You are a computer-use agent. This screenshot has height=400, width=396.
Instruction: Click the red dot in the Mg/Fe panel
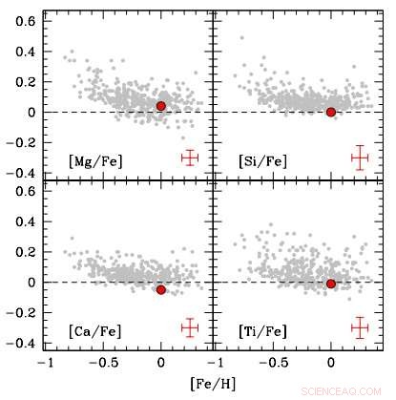(x=161, y=106)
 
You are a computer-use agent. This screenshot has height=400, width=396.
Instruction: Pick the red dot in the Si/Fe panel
(x=331, y=112)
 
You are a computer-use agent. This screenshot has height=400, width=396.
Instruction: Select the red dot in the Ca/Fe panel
(x=161, y=289)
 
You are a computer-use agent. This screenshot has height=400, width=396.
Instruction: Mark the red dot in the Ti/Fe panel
(x=331, y=284)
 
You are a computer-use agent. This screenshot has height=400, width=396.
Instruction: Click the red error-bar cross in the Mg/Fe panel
(x=190, y=158)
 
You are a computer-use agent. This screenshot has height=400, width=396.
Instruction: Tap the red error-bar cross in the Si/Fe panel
(x=360, y=158)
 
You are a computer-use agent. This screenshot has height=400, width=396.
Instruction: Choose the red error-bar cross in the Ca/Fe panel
(x=190, y=327)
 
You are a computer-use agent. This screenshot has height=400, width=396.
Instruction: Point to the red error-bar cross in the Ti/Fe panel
(x=360, y=327)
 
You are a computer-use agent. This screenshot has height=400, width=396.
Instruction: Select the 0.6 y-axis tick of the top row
(x=27, y=19)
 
